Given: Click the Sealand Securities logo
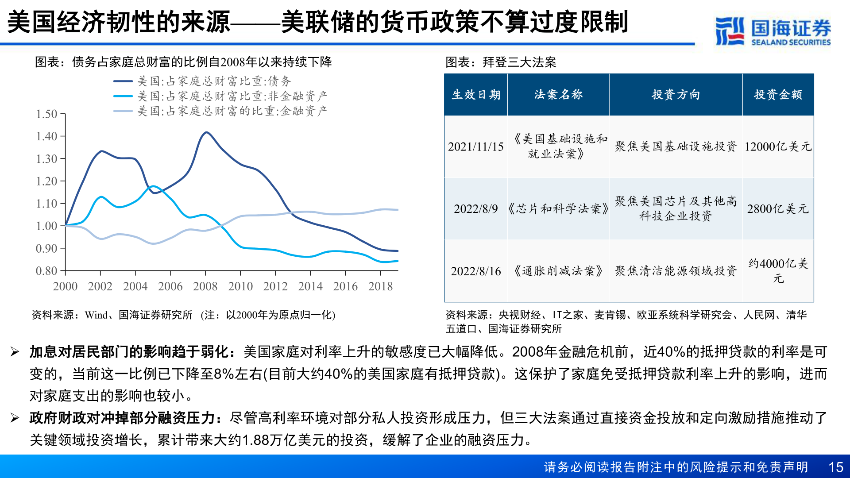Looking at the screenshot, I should point(773,31).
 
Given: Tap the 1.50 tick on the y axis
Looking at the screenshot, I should point(47,114).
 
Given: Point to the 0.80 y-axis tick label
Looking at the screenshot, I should point(47,271).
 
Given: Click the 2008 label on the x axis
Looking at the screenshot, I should point(205,287).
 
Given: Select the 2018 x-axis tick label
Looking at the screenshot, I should point(380,287).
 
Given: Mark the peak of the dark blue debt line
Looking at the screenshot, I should point(206,132).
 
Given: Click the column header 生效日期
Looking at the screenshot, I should point(476,95).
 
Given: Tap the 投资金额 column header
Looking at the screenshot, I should point(778,95).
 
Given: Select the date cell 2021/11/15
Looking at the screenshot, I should point(476,147).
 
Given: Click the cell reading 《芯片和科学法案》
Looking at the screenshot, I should point(558,209).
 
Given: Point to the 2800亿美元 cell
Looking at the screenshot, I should point(778,209).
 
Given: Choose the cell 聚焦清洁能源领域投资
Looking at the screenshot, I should point(676,271).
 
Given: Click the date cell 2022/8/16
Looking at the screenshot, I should point(476,271).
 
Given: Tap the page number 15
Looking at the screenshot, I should point(835,467).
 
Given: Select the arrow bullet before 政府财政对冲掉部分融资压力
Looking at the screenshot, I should point(15,418).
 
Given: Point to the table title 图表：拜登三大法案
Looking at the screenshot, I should point(501,62).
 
